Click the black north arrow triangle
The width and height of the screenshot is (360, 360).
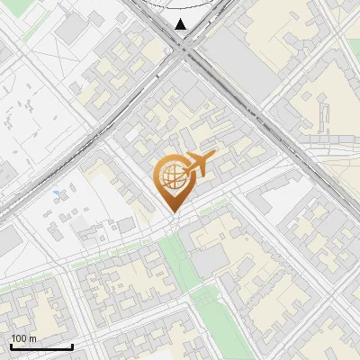(x=181, y=23)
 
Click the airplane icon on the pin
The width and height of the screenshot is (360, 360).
(x=199, y=164)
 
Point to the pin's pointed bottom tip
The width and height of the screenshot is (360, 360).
(x=172, y=211)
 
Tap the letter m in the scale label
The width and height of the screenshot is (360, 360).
(x=32, y=338)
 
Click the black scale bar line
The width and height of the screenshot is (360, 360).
(x=41, y=346)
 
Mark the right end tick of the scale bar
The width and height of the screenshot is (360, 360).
(x=72, y=345)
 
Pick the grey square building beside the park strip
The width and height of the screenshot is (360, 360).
(x=209, y=261)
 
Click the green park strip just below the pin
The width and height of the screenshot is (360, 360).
(x=180, y=261)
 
